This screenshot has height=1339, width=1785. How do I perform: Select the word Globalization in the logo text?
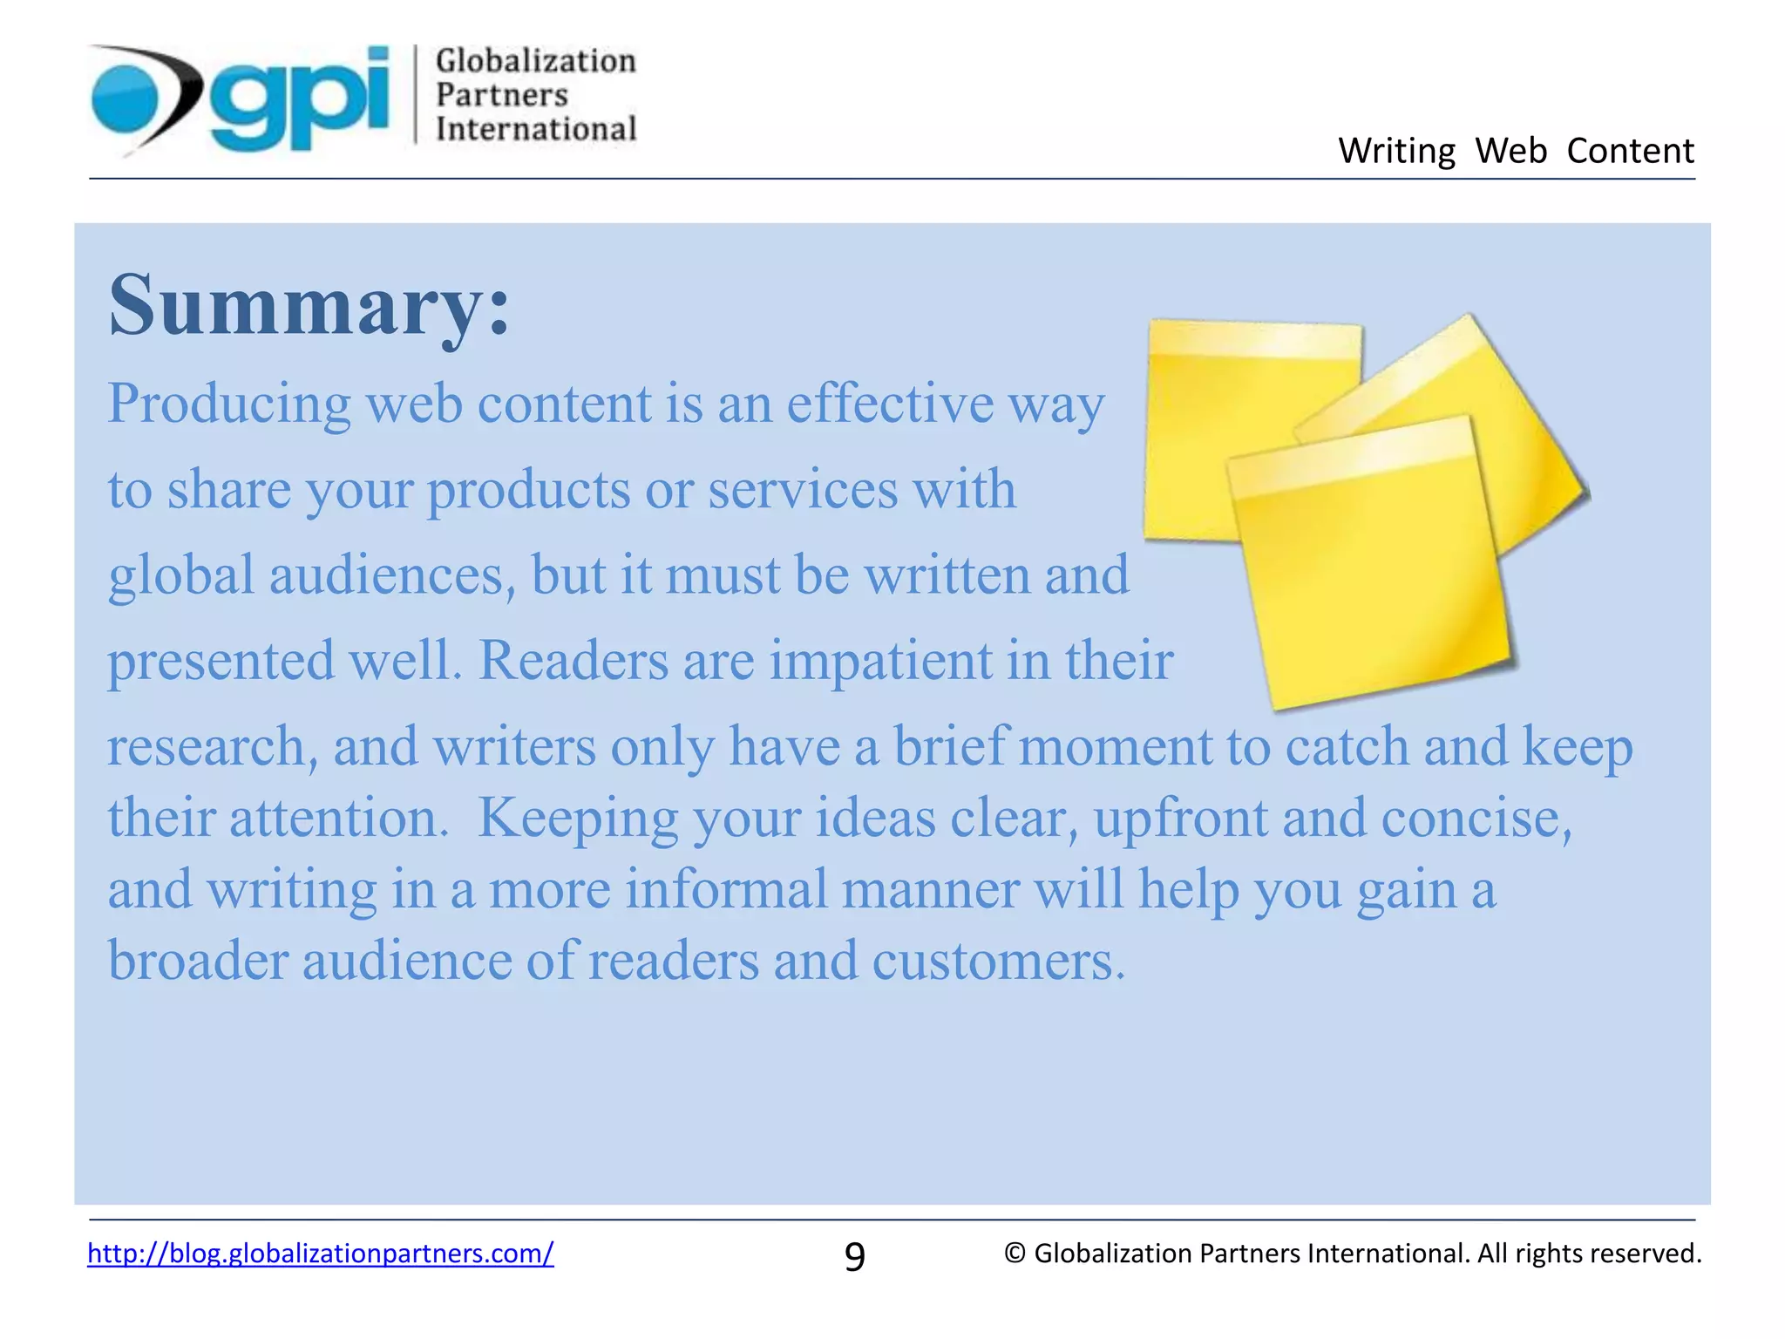[x=535, y=61]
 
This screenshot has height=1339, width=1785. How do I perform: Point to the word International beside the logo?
[x=535, y=129]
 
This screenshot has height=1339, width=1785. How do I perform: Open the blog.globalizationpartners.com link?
[x=320, y=1253]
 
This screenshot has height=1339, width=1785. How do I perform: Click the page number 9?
[x=854, y=1256]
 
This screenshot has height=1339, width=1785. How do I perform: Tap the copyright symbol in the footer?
[x=1014, y=1253]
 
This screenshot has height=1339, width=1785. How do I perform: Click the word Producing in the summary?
[x=228, y=404]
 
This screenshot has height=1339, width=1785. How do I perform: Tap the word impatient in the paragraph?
[x=880, y=660]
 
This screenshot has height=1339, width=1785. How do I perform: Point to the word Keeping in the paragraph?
[x=577, y=818]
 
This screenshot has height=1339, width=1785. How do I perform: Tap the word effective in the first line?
[x=889, y=403]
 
